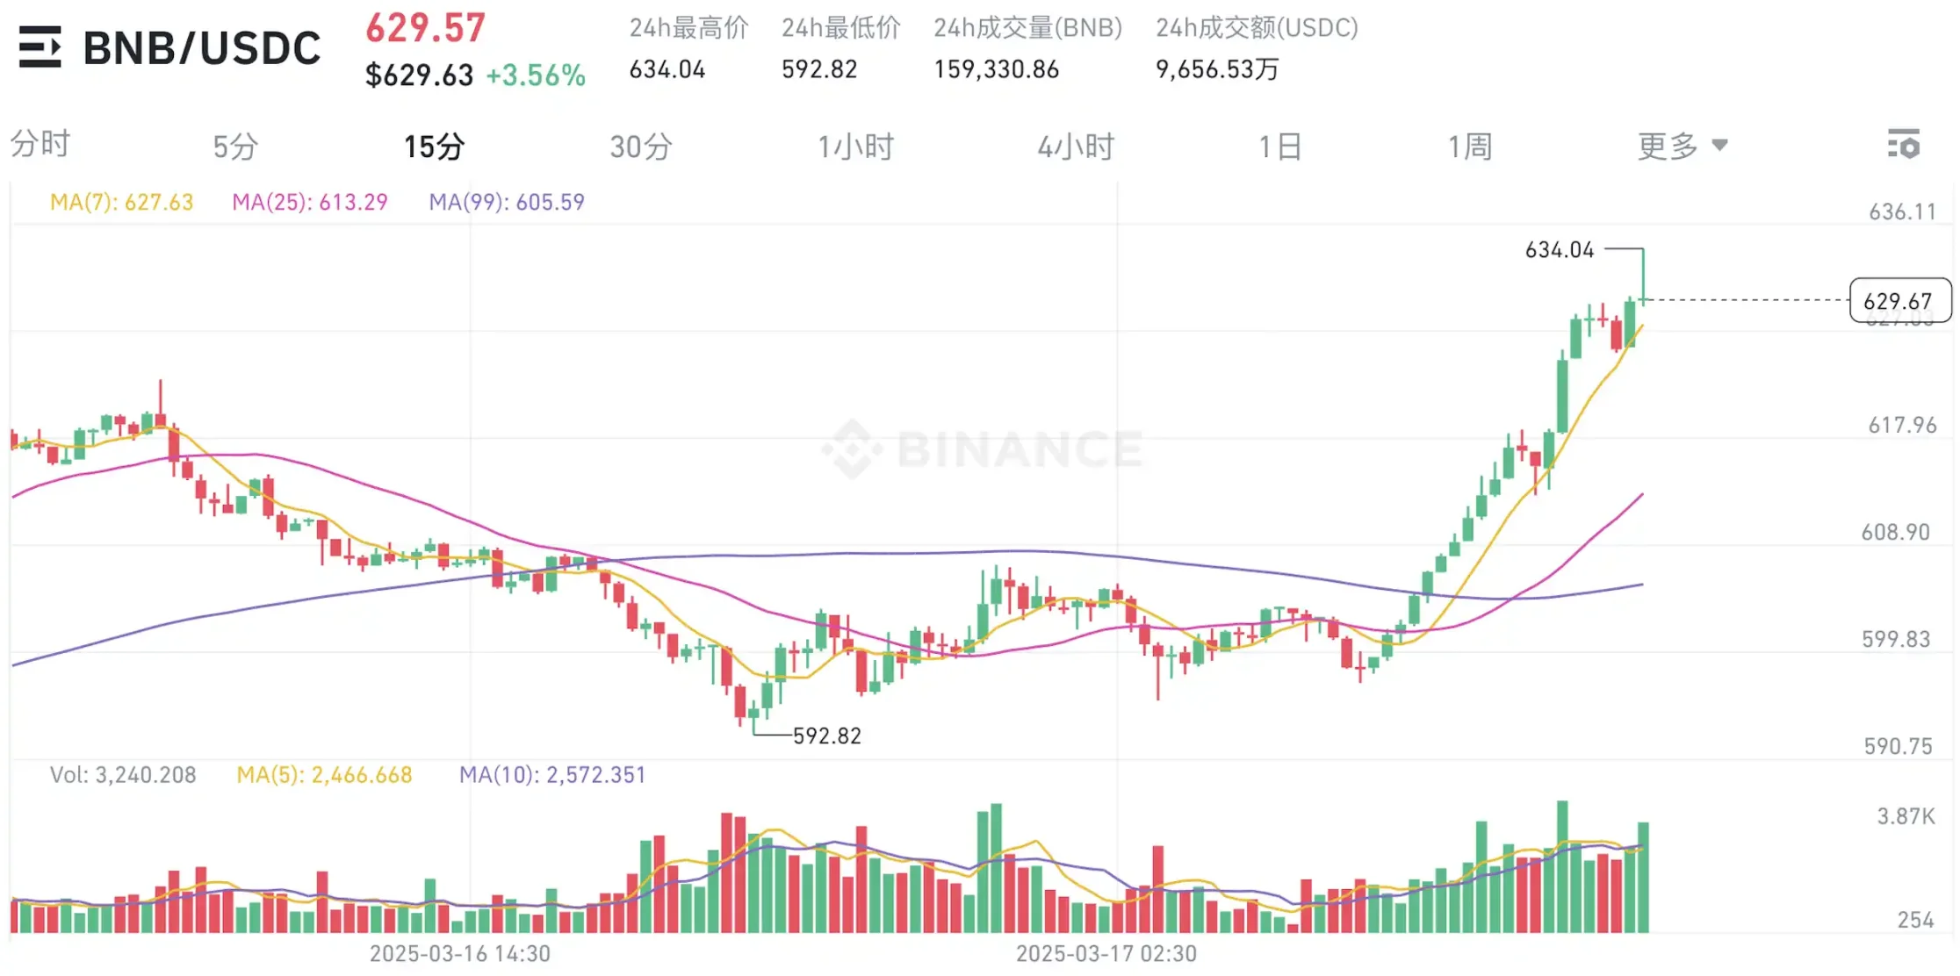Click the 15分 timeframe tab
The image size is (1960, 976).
tap(434, 147)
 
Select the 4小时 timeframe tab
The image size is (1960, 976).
tap(1076, 147)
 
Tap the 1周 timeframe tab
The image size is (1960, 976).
tap(1470, 147)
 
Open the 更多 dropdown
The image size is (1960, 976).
tap(1682, 146)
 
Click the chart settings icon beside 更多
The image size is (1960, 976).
tap(1904, 145)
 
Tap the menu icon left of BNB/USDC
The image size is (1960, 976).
tap(40, 47)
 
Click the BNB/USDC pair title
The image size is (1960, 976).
tap(202, 48)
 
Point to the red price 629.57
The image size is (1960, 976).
tap(425, 28)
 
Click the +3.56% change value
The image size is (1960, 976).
tap(536, 75)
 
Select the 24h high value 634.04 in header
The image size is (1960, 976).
tap(667, 69)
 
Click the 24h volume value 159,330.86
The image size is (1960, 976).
tap(997, 69)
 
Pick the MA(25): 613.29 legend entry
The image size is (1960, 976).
tap(310, 203)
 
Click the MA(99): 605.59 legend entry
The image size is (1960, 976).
tap(507, 203)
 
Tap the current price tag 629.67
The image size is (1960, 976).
tap(1899, 301)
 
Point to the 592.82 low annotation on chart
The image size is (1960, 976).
tap(826, 736)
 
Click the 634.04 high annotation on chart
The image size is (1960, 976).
tap(1560, 250)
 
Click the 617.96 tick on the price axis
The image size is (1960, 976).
tap(1902, 426)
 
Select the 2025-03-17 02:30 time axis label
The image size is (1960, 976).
tap(1106, 953)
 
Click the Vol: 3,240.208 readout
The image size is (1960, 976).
tap(123, 775)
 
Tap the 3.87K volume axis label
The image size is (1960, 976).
tap(1906, 817)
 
